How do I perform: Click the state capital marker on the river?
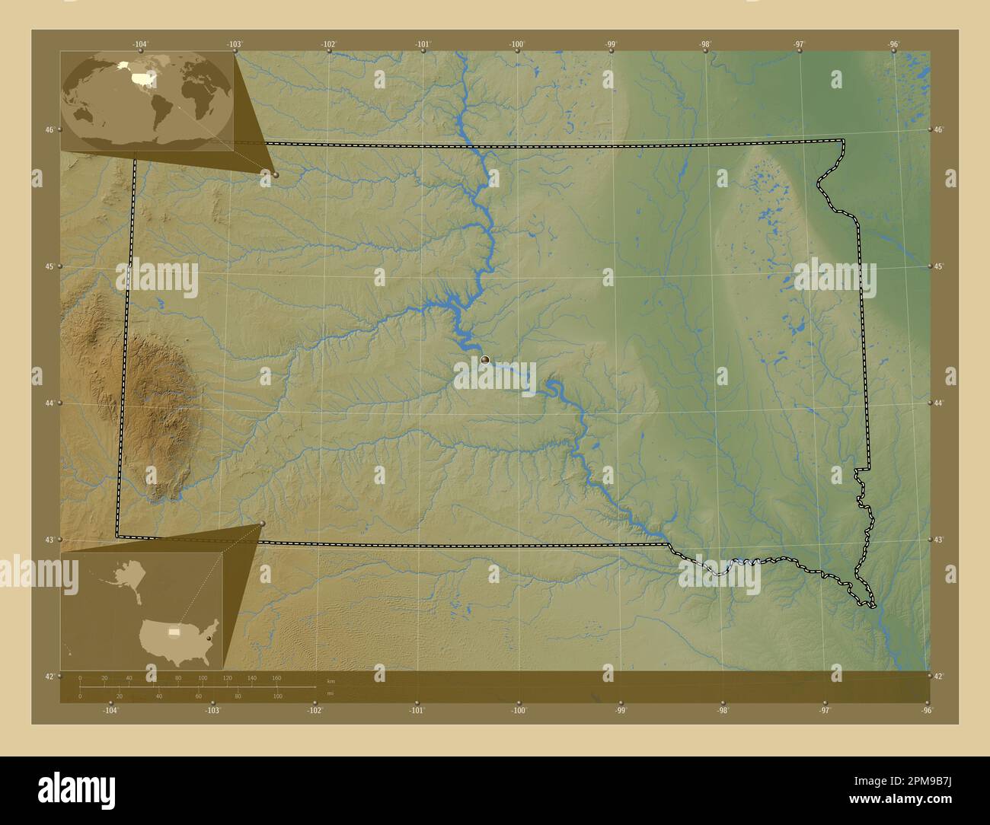[485, 359]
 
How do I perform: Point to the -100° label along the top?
[518, 44]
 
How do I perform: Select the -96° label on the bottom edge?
[926, 710]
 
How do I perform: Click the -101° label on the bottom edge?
[417, 710]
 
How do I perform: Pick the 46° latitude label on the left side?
[49, 129]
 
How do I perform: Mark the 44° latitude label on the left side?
[49, 403]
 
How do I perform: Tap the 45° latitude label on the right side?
[939, 266]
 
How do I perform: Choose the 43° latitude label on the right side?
[939, 540]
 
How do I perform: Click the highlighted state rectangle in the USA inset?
[174, 631]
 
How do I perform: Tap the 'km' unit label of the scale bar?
[331, 681]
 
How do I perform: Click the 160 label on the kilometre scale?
[276, 677]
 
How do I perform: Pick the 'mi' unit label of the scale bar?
[330, 693]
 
